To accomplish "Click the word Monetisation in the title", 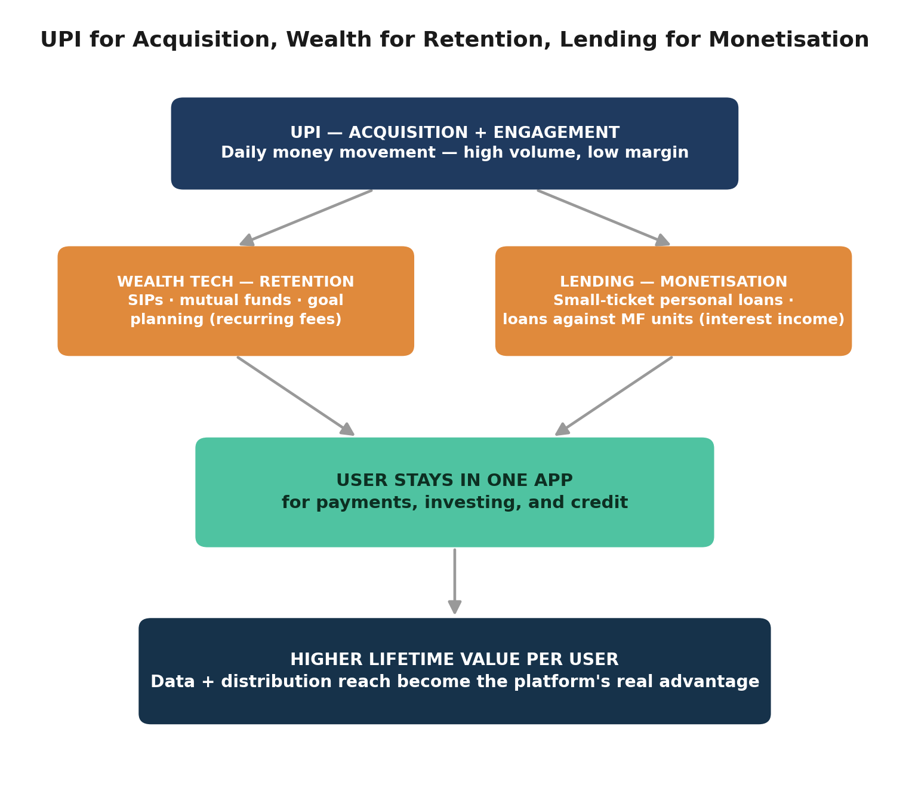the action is coord(788,39).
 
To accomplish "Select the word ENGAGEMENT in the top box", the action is coord(556,133).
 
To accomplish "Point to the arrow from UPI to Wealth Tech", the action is coord(306,218).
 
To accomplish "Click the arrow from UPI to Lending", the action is coord(603,218).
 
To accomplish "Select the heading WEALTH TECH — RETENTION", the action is coord(236,281).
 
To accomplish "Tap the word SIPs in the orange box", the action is coord(146,300).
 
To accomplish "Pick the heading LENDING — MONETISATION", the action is coord(673,281).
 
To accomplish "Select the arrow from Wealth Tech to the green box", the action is coord(295,396).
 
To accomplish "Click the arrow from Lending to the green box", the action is coord(614,396).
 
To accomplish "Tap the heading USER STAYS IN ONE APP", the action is coord(454,480).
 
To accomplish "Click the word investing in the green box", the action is coord(473,503).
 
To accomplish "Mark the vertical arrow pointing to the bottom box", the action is coord(455,581).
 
